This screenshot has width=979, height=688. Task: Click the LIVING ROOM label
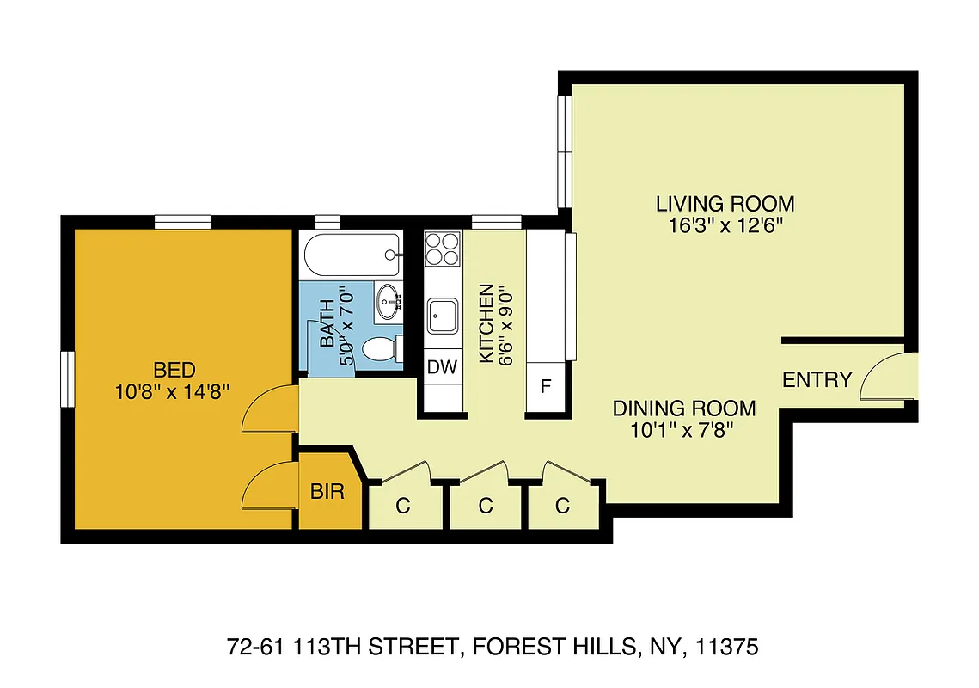pyautogui.click(x=725, y=205)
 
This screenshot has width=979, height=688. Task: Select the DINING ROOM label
pyautogui.click(x=683, y=408)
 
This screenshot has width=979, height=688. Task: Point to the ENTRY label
pyautogui.click(x=817, y=379)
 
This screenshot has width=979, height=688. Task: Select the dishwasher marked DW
pyautogui.click(x=443, y=368)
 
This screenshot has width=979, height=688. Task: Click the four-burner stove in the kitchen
pyautogui.click(x=444, y=249)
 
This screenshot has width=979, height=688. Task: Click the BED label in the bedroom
pyautogui.click(x=174, y=371)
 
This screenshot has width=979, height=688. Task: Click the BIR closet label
pyautogui.click(x=327, y=492)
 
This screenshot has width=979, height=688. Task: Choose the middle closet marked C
pyautogui.click(x=486, y=506)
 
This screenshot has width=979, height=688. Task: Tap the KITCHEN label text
pyautogui.click(x=486, y=323)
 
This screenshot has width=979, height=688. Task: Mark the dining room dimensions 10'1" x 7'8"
pyautogui.click(x=683, y=429)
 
